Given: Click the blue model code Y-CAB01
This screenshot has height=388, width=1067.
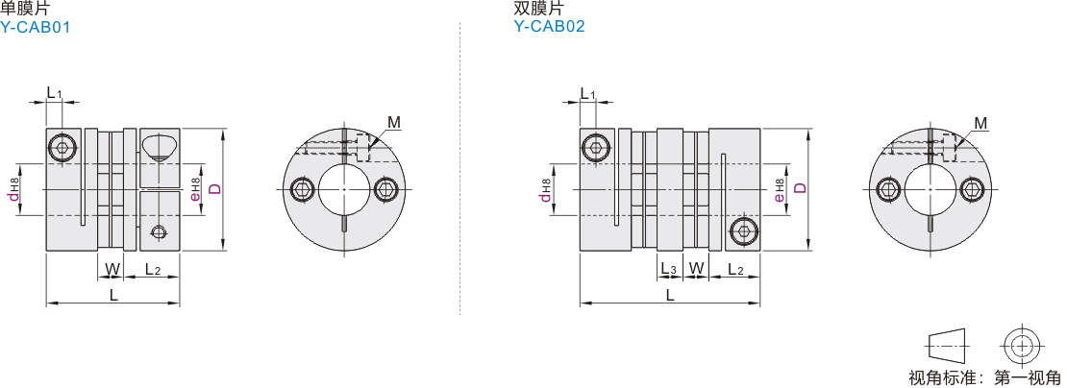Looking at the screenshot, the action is (36, 27).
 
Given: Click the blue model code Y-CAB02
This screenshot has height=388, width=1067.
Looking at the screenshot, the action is (550, 27).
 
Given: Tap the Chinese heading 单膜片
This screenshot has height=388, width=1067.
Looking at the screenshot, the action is (25, 8).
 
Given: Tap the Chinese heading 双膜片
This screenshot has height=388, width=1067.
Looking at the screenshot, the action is (539, 8).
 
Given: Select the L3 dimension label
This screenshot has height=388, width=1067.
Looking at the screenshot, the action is (669, 270).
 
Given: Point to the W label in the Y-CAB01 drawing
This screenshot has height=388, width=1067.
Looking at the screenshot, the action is (112, 270).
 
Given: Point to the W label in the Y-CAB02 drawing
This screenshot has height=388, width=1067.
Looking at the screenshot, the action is (695, 270).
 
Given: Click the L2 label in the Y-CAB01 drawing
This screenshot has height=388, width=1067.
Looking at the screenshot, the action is (153, 270).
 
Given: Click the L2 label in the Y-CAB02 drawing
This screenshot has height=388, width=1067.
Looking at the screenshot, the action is (735, 270).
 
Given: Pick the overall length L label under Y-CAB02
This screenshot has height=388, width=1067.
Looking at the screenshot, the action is (670, 296).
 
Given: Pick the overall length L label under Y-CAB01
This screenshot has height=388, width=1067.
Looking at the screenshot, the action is (113, 296).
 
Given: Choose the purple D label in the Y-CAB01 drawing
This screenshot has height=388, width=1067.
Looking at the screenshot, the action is (215, 188).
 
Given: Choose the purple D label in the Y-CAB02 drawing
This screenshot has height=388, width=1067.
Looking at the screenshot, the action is (800, 188).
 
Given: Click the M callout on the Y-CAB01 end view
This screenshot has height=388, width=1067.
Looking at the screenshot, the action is (394, 123).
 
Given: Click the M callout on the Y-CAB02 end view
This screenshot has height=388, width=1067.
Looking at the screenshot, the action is (980, 123).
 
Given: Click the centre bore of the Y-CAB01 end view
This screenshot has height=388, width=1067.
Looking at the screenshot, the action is (344, 189).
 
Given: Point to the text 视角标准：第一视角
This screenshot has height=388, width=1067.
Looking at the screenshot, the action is (984, 377).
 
